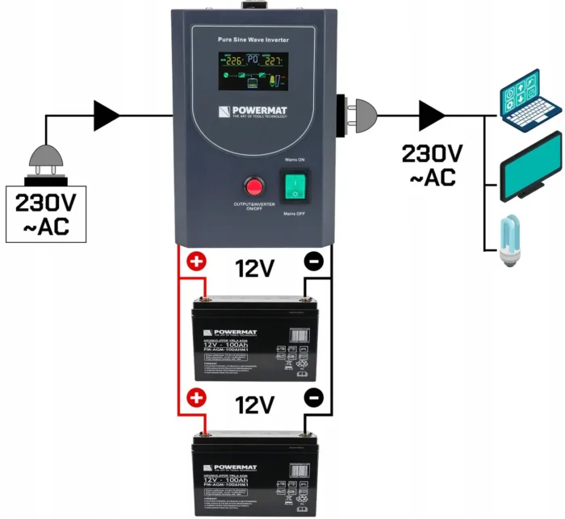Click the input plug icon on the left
click(47, 161)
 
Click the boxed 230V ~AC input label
click(48, 214)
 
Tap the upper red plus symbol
click(195, 262)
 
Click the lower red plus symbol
click(195, 398)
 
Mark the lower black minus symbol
click(315, 398)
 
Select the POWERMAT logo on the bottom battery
click(230, 467)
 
